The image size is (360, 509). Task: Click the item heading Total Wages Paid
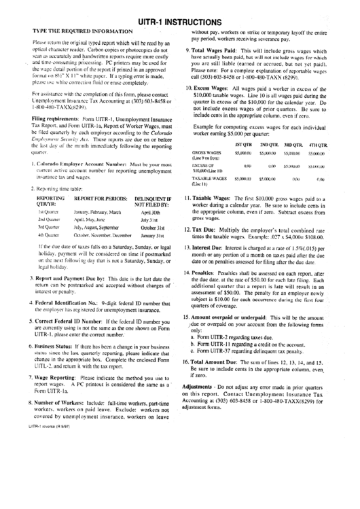tap(217, 51)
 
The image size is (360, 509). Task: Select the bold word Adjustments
tap(202, 387)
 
